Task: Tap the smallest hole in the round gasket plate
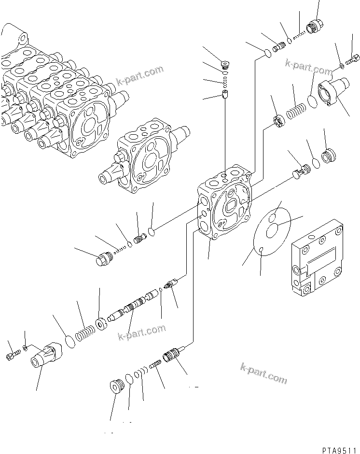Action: [x=261, y=249]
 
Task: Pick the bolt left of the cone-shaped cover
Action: [x=12, y=356]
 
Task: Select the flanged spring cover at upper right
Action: [x=332, y=91]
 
